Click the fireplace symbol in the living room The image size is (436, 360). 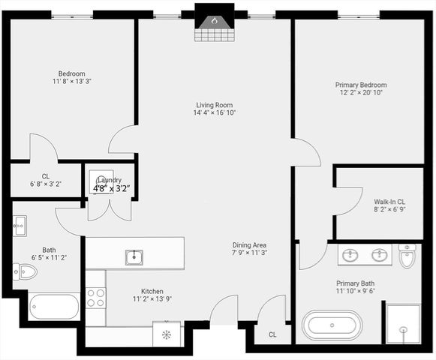pos(214,22)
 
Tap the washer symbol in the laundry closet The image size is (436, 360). pos(101,182)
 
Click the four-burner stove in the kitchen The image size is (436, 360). pos(95,297)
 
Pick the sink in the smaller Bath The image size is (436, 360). pos(20,223)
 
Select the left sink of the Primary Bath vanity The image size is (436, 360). pos(350,256)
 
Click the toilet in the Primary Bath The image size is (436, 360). pos(407,256)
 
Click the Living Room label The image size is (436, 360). pos(215,105)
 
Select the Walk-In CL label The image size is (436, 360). pos(389,201)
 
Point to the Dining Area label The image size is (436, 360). pos(249,245)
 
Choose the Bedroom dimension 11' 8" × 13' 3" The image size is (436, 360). pos(72,81)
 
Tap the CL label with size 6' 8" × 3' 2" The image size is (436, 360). pos(45,183)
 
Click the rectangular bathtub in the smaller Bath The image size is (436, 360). pos(54,307)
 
